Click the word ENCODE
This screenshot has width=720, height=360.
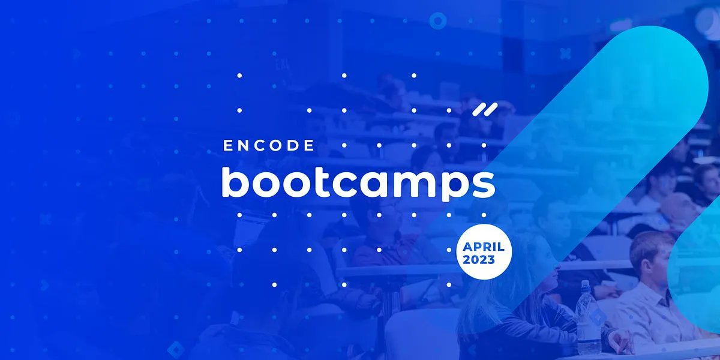(268, 145)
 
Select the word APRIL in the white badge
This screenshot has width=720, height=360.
(484, 247)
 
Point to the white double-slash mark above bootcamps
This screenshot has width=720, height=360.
(485, 109)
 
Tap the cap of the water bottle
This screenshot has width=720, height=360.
(586, 284)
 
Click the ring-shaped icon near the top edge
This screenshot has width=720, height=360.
(438, 21)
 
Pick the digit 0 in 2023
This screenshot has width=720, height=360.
(475, 260)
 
